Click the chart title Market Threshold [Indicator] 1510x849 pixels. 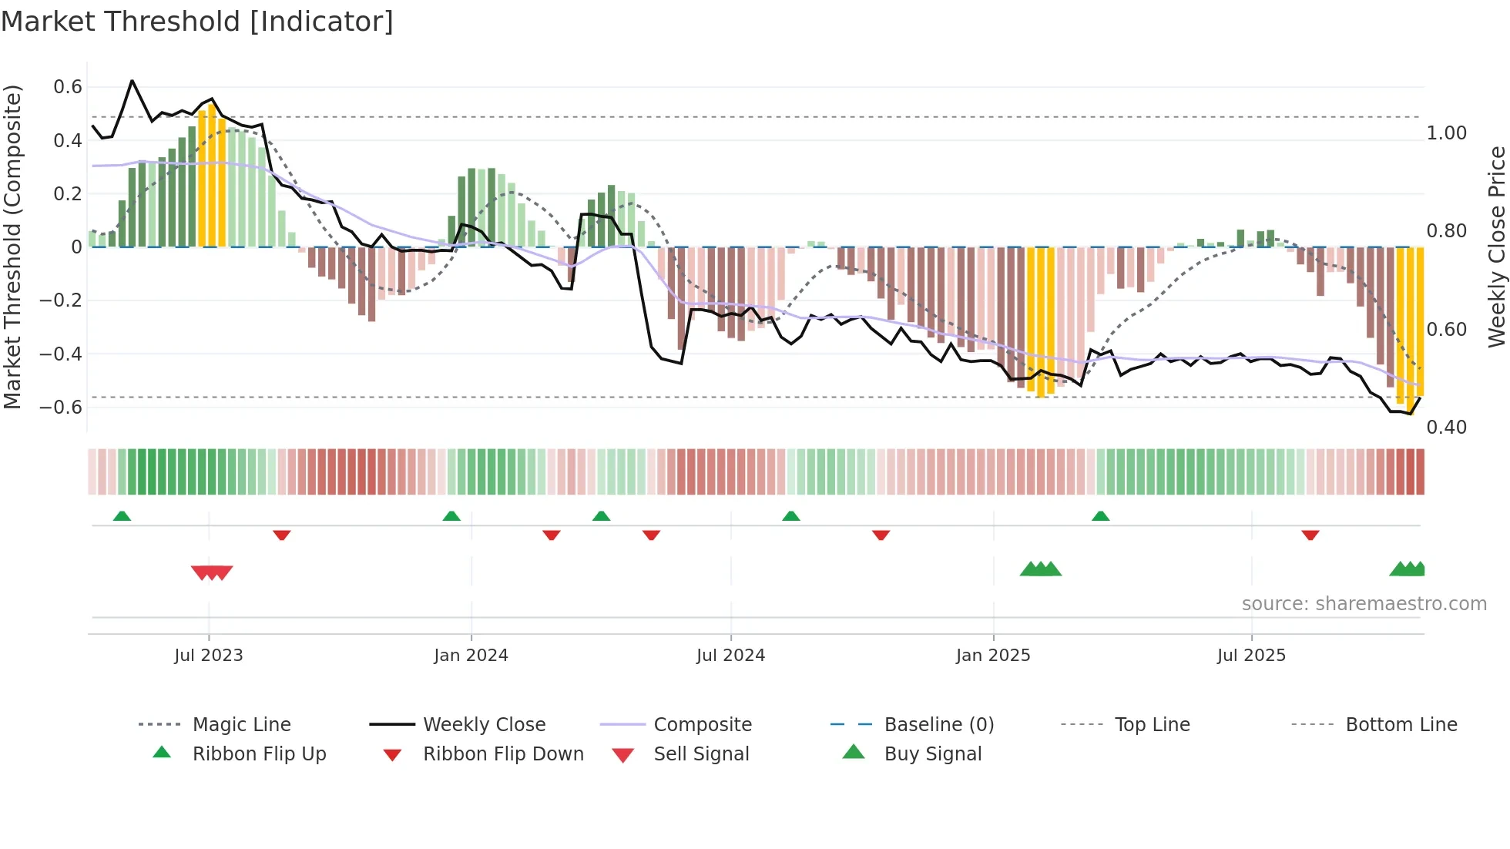click(197, 22)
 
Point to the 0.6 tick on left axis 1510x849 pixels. click(68, 87)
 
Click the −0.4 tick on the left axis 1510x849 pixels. click(61, 354)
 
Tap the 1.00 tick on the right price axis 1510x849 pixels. click(1446, 133)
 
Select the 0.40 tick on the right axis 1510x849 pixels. click(1446, 427)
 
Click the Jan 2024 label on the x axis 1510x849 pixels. click(471, 656)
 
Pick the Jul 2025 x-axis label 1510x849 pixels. click(1251, 656)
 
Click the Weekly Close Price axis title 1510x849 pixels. click(1496, 247)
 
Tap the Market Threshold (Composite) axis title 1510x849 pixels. click(12, 247)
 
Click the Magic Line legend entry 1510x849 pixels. click(241, 725)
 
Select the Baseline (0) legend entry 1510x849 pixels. click(938, 725)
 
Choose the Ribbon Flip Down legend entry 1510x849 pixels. click(503, 754)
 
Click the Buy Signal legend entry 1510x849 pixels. click(932, 754)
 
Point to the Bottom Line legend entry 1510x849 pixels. click(1401, 725)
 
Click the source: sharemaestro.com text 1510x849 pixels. click(1364, 604)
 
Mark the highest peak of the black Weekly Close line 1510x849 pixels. click(133, 80)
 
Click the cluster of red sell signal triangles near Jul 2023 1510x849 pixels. click(212, 572)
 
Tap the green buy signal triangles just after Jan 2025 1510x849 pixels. click(1041, 569)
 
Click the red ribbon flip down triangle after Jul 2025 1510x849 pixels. click(1310, 535)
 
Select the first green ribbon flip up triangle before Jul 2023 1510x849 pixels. click(122, 516)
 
